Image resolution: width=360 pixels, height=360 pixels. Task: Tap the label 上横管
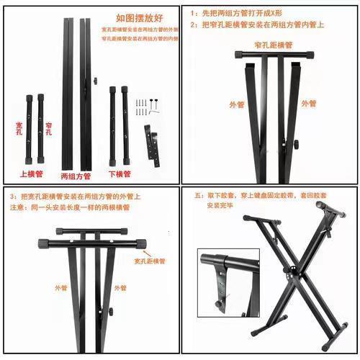(x=31, y=174)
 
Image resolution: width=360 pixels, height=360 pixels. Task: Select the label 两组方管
(x=76, y=174)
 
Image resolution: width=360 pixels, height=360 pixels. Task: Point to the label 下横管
(x=120, y=174)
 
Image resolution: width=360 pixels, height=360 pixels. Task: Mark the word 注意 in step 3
(x=18, y=208)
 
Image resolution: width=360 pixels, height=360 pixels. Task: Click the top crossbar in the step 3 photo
(x=92, y=233)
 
